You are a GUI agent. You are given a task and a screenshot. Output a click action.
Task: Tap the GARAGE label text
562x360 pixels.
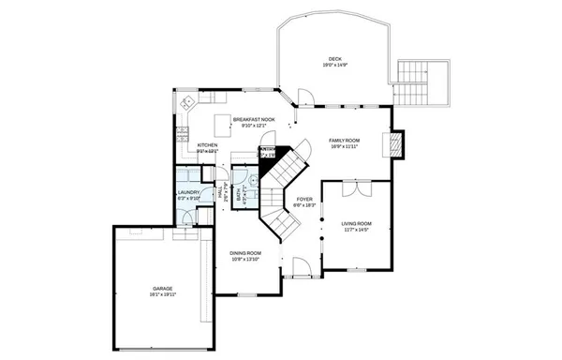(x=163, y=288)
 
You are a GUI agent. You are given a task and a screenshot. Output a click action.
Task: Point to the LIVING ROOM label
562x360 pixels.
(x=356, y=223)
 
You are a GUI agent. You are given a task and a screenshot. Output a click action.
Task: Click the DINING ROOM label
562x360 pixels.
(x=245, y=253)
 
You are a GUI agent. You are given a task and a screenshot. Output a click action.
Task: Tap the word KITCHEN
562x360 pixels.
(x=207, y=145)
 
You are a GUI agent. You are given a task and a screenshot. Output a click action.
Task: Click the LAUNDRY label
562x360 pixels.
(x=188, y=192)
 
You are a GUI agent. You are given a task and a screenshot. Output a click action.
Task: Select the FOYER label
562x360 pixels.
(x=304, y=199)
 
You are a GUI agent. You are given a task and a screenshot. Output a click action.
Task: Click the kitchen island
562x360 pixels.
(x=222, y=126)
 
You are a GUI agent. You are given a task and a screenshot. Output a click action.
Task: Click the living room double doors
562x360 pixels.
(x=355, y=188)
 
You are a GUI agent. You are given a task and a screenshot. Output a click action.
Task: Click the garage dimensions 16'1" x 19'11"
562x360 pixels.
(x=163, y=294)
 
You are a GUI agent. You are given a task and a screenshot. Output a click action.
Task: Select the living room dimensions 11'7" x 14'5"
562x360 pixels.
(x=356, y=230)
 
